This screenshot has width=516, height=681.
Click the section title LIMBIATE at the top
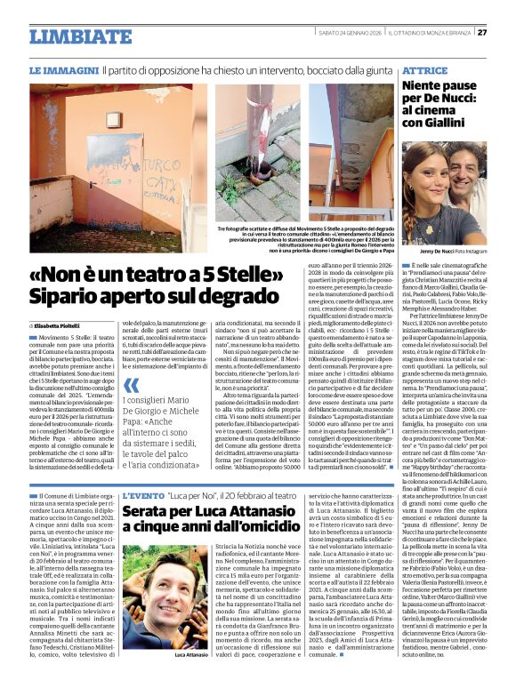[x=73, y=36]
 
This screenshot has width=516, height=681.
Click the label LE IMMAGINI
[x=63, y=69]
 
